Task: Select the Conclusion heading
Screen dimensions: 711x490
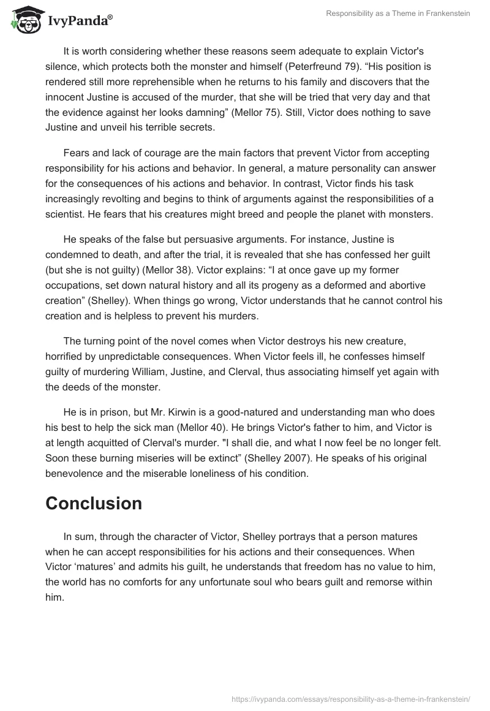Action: coord(94,503)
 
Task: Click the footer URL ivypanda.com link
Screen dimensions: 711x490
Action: coord(351,698)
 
